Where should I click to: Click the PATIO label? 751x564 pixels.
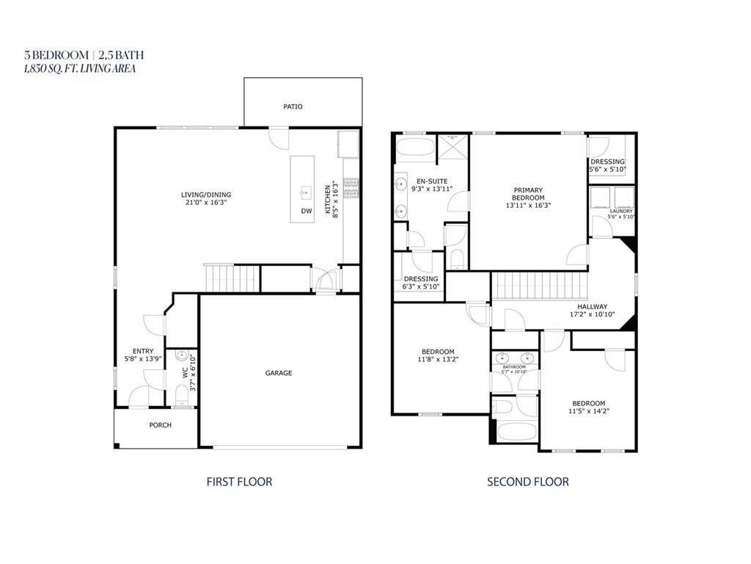point(293,106)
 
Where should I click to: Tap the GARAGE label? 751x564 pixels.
point(279,373)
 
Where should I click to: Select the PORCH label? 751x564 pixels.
point(160,425)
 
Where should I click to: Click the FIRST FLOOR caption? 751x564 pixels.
point(239,482)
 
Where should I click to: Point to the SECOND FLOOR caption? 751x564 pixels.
point(528,482)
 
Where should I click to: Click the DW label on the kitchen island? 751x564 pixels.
point(306,211)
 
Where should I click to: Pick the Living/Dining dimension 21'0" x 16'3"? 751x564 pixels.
point(206,202)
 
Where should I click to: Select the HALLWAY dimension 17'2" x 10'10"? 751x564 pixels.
point(592,314)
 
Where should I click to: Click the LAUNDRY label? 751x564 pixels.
point(621,211)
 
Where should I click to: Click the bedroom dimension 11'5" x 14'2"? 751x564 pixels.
point(588,411)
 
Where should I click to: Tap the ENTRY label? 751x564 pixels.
point(143,351)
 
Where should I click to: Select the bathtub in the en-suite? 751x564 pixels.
point(416,146)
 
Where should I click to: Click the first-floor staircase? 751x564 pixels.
point(232,278)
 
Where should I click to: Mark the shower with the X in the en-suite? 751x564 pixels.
point(453,145)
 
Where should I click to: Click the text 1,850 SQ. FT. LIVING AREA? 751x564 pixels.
point(80,68)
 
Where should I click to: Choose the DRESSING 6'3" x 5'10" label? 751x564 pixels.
point(421,283)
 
